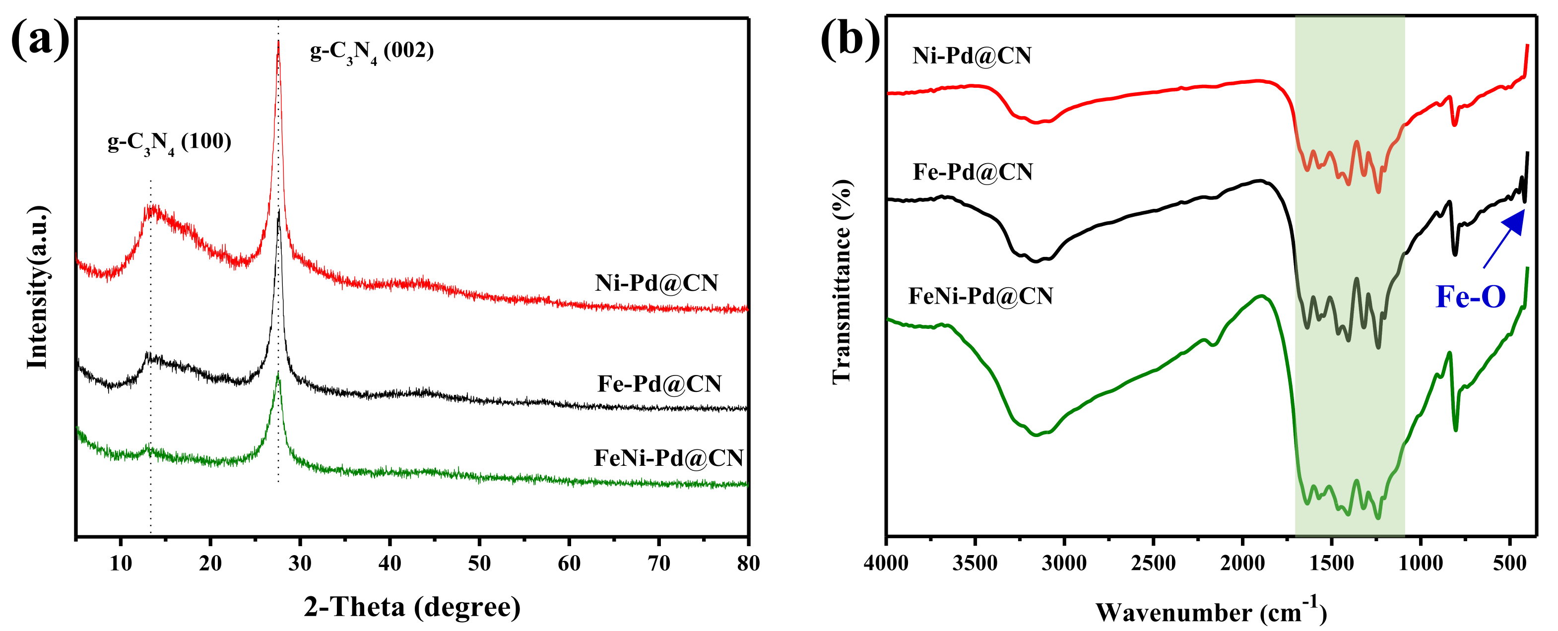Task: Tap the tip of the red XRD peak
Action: point(278,41)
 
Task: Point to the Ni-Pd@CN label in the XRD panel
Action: point(656,283)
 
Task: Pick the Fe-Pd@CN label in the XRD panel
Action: point(659,384)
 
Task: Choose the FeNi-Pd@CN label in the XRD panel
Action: point(668,458)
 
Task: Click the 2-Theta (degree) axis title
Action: point(412,607)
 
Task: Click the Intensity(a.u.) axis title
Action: point(38,287)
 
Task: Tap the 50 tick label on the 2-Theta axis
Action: point(479,564)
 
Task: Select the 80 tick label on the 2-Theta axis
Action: point(748,564)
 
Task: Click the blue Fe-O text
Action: point(1470,297)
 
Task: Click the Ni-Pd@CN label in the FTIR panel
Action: point(972,56)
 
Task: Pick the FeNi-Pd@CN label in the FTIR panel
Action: point(980,296)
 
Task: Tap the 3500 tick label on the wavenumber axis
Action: point(975,564)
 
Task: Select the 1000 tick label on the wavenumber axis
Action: point(1421,564)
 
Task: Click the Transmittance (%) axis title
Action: point(842,282)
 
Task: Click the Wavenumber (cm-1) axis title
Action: point(1211,612)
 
